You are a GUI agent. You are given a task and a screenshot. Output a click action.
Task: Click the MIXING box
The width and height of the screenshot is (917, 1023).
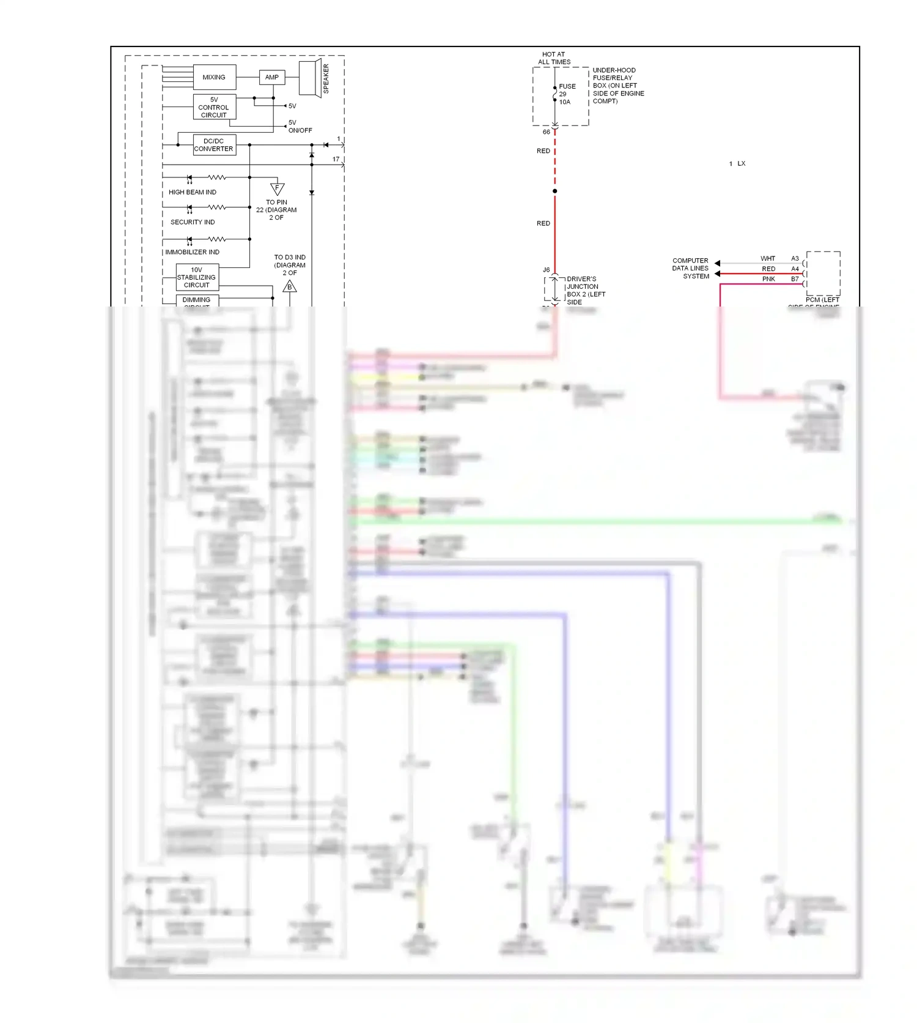214,77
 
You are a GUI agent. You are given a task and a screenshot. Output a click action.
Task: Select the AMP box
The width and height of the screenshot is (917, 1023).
272,77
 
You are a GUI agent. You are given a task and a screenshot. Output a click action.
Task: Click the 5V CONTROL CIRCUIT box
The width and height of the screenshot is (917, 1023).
214,107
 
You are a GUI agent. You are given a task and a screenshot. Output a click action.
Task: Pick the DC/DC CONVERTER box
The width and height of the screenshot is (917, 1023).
214,145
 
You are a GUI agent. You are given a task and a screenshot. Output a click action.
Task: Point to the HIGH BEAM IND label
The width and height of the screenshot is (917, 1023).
193,192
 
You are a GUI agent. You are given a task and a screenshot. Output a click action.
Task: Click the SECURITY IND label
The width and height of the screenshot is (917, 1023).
193,222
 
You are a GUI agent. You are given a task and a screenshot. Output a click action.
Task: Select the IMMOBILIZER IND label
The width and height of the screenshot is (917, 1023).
192,252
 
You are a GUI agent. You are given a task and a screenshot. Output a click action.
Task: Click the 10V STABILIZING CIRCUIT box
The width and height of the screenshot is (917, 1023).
197,277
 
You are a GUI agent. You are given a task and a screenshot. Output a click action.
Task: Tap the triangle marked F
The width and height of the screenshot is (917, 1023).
277,188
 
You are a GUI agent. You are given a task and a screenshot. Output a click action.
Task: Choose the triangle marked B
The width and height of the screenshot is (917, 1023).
290,286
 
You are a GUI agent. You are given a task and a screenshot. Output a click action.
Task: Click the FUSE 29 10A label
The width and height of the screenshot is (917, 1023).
566,94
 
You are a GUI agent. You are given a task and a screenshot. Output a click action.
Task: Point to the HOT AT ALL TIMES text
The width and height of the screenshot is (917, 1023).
554,58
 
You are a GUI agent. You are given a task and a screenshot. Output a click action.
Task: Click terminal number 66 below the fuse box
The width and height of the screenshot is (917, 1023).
546,132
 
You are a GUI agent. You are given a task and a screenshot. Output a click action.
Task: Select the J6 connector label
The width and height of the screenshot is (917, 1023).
546,270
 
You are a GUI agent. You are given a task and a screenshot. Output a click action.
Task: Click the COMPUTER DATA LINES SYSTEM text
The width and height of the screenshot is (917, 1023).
691,268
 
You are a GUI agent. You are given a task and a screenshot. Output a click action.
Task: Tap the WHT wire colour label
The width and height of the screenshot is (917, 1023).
768,258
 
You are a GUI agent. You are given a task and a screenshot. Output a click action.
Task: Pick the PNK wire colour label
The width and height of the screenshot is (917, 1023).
768,279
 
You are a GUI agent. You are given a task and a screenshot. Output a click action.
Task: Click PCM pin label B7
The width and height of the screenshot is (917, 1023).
795,279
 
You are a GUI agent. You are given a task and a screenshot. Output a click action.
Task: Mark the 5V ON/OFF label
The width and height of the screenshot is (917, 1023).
300,126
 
